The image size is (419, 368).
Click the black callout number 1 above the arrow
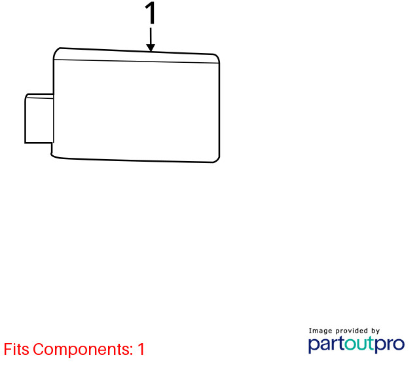(151, 13)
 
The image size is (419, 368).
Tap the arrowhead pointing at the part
(151, 47)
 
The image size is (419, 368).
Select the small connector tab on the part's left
(39, 119)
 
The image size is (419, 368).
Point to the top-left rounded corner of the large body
(56, 52)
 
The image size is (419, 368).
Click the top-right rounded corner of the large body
(217, 56)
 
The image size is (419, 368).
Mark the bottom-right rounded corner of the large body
(217, 160)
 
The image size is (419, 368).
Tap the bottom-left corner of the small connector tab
(25, 143)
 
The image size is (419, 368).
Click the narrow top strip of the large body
(136, 56)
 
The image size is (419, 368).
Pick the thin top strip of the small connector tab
(40, 96)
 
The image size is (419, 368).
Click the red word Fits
(16, 349)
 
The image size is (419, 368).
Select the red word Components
(83, 350)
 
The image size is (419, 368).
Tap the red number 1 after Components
(141, 349)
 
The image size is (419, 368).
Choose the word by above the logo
(375, 331)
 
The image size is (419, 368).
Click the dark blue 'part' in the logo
(326, 344)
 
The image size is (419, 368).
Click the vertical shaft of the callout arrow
(151, 36)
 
